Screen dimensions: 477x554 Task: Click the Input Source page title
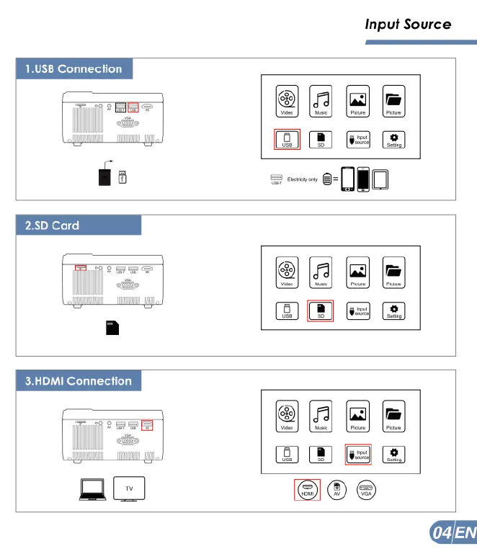click(x=408, y=24)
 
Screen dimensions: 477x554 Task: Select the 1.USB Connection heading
click(x=73, y=69)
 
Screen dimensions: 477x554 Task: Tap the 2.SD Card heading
click(x=52, y=225)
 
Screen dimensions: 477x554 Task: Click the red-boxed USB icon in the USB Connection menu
click(x=286, y=138)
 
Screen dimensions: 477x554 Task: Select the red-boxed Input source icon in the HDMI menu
click(x=358, y=453)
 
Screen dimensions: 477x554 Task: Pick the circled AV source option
click(x=336, y=490)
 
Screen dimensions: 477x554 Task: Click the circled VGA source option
click(x=366, y=490)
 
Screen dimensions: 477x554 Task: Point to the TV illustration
click(x=130, y=489)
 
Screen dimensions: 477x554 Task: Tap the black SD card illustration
click(x=112, y=328)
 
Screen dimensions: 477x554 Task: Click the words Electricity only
click(x=302, y=179)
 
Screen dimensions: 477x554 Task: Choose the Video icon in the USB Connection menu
click(x=286, y=101)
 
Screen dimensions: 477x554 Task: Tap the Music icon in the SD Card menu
click(x=321, y=272)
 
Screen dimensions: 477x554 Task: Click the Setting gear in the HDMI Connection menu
click(x=393, y=453)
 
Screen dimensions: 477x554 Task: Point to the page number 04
click(x=441, y=533)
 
